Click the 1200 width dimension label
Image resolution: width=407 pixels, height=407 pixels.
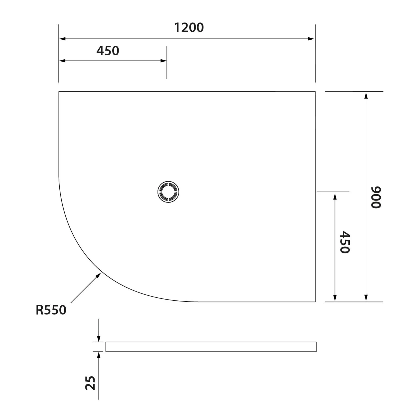(189, 28)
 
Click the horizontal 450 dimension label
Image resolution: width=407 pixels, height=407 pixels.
(108, 51)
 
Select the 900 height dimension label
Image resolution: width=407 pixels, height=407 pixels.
(376, 197)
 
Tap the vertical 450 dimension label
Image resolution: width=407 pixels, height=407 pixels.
(345, 242)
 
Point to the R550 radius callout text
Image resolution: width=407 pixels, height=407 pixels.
(51, 310)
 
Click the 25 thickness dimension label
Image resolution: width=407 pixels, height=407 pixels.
(91, 383)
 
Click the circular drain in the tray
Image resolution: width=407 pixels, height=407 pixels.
(168, 192)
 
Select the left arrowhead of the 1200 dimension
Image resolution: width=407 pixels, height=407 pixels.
(63, 39)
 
